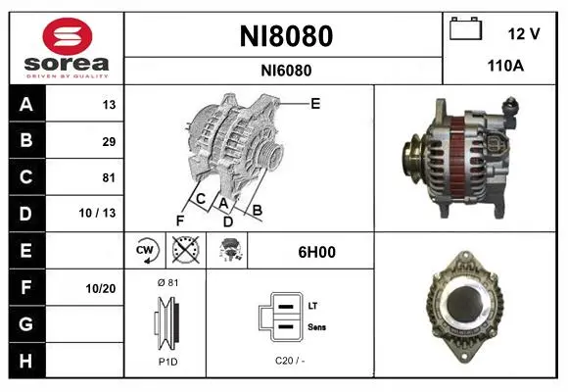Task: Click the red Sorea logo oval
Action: tap(68, 36)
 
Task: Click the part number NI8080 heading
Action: tap(286, 36)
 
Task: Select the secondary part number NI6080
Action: tap(286, 71)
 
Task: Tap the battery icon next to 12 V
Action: tap(466, 28)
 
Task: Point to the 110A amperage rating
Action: tap(505, 66)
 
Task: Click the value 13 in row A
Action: tap(109, 105)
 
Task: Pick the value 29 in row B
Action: tap(109, 141)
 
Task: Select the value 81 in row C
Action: tap(109, 177)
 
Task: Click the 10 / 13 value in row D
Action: tap(97, 213)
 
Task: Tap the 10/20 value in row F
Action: tap(100, 289)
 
